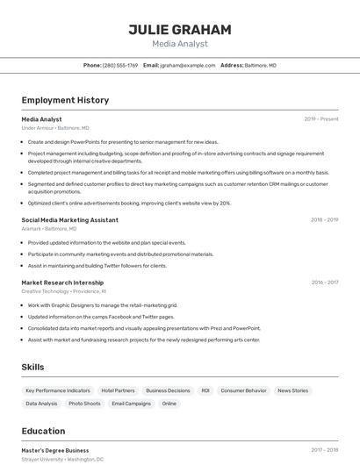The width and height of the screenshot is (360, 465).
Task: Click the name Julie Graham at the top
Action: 180,30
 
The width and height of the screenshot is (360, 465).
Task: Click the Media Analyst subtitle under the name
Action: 180,44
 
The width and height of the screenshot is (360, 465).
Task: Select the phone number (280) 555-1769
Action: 120,66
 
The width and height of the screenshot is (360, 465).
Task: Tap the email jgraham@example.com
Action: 187,66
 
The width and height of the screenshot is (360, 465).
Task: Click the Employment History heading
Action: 65,100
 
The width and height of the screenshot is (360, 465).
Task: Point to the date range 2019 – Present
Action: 321,119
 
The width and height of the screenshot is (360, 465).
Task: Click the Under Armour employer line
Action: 54,128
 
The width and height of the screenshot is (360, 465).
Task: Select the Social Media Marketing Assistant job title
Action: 70,220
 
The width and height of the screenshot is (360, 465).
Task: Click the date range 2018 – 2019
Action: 325,220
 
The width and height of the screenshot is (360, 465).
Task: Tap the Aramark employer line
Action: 49,229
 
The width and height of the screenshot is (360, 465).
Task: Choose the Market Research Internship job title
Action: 62,283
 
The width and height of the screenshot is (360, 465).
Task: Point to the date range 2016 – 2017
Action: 325,283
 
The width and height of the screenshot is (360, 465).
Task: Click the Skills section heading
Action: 33,367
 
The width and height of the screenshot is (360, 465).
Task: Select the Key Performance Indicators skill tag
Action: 58,390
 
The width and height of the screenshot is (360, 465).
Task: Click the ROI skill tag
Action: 205,390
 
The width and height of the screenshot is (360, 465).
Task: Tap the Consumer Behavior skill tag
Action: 243,390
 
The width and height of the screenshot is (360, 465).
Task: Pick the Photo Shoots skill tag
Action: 84,404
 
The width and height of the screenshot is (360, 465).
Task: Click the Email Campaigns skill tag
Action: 131,404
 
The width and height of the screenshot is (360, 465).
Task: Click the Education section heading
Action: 43,431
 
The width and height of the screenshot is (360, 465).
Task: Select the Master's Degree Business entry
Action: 55,450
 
